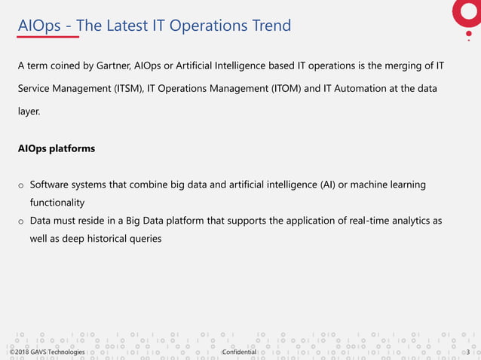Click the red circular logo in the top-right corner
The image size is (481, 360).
(467, 11)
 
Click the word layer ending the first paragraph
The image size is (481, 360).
(31, 111)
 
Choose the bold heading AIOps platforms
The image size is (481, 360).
(57, 148)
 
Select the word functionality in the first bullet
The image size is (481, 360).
(57, 203)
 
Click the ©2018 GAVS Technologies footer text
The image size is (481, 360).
(47, 352)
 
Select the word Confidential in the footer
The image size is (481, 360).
(240, 352)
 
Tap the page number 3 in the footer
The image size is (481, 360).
(469, 352)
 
